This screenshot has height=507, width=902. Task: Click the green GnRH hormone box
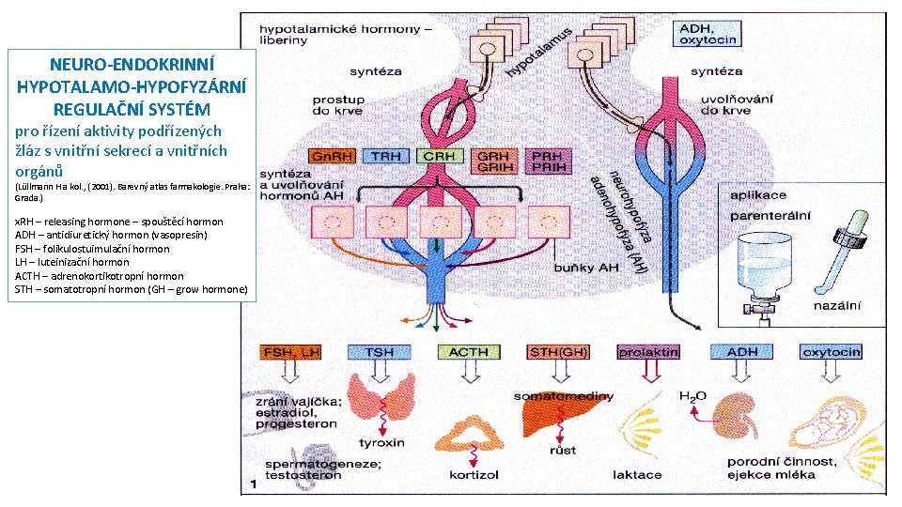330,156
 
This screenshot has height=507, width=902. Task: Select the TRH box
386,156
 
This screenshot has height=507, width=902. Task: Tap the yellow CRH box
440,156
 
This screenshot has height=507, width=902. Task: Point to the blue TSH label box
379,352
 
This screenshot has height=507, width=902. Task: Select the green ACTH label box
468,352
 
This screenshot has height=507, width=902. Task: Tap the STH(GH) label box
558,352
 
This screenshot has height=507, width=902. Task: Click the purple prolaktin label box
648,352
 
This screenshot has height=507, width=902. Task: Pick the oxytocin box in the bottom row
831,352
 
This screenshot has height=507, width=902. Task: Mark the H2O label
692,397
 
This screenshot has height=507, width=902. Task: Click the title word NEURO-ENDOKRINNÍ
131,66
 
